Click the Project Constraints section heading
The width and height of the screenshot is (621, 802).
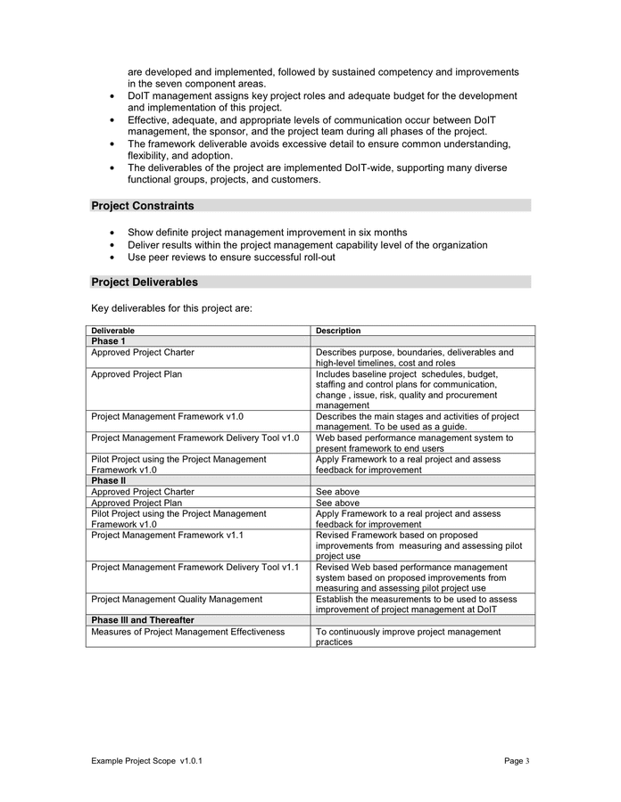coord(143,206)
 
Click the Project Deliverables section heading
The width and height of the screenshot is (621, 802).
coord(145,282)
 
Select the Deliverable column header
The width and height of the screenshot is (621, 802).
coord(112,331)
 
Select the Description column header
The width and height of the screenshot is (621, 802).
coord(338,331)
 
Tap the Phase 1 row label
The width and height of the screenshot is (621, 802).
coord(108,341)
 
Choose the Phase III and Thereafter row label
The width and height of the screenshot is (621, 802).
coord(143,619)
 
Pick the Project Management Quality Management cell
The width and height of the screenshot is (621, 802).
coord(177,599)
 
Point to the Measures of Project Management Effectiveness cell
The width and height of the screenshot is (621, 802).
coord(187,632)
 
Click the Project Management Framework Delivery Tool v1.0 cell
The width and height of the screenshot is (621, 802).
coord(195,438)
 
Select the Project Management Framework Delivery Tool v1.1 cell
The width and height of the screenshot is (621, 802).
coord(195,567)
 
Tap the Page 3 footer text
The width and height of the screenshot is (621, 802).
coord(517,761)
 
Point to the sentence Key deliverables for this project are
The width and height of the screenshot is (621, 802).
coord(171,308)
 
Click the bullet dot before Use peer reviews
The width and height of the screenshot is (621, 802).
coord(112,258)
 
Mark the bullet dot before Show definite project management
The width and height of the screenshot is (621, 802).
coord(112,233)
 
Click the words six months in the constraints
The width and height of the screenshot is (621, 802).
coord(379,232)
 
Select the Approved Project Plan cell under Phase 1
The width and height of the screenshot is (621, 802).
coord(137,374)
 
